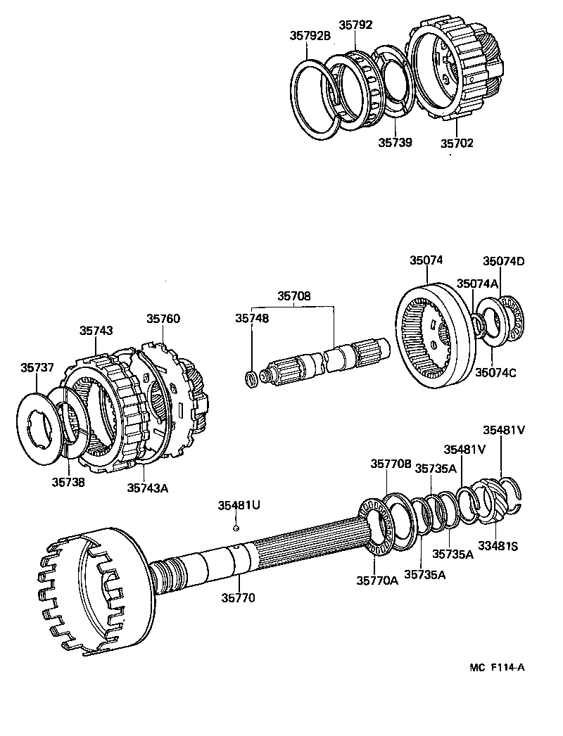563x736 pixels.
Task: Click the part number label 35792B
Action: pyautogui.click(x=309, y=36)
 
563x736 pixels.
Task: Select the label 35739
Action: pyautogui.click(x=394, y=142)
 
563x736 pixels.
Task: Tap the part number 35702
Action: pyautogui.click(x=457, y=143)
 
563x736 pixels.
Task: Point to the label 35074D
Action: pyautogui.click(x=503, y=261)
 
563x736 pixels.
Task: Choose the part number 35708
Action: pyautogui.click(x=293, y=296)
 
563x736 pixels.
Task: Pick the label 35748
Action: pyautogui.click(x=253, y=318)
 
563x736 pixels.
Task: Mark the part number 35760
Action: pyautogui.click(x=163, y=318)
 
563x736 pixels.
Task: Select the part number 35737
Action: pyautogui.click(x=37, y=367)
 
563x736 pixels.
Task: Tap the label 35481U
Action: pyautogui.click(x=238, y=505)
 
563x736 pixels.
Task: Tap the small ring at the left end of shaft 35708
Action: pyautogui.click(x=250, y=381)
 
